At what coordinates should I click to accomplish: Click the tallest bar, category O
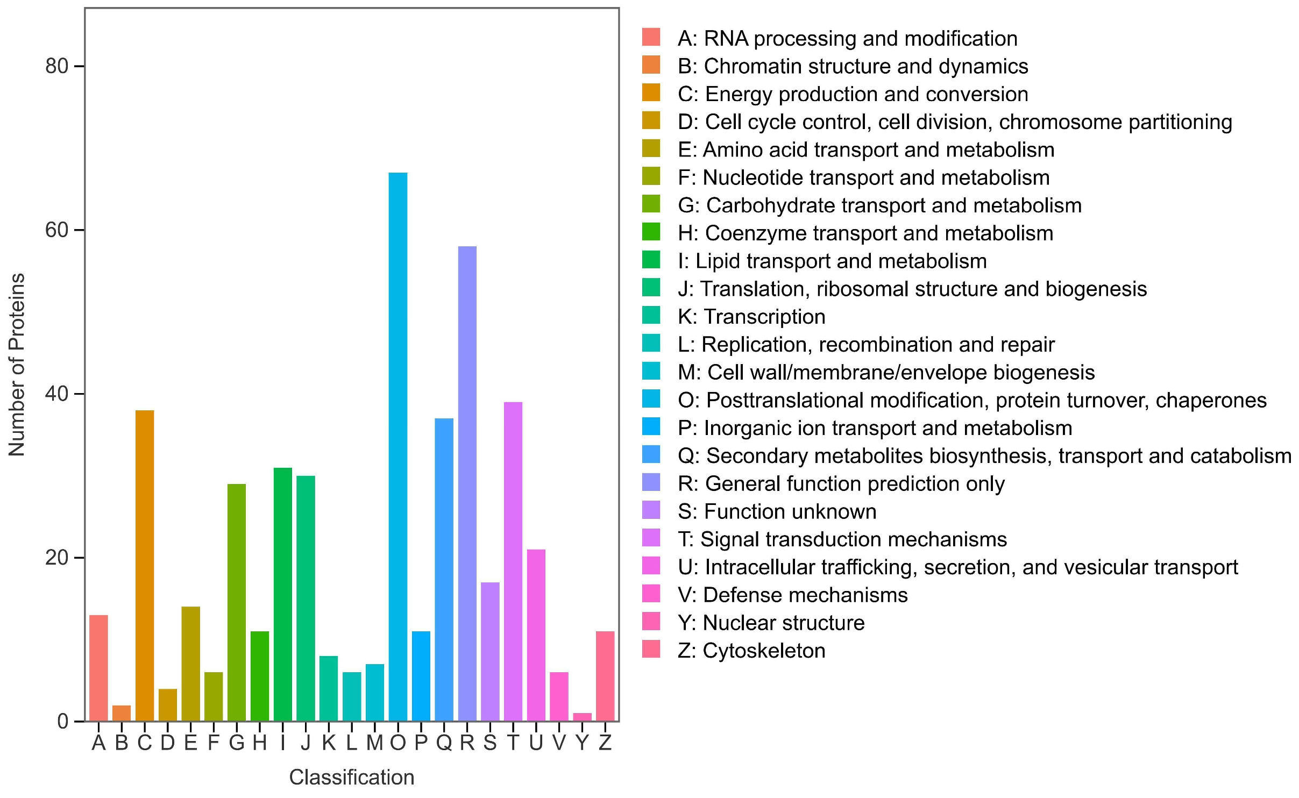click(x=398, y=446)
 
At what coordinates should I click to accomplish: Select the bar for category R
click(x=467, y=484)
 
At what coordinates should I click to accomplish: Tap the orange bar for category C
click(x=145, y=565)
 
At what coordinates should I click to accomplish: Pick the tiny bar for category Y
click(x=583, y=717)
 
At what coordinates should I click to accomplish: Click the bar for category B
click(x=122, y=713)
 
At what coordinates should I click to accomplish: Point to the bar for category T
click(x=513, y=562)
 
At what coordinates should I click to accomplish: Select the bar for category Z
click(x=605, y=676)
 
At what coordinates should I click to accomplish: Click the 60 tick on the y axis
click(x=56, y=230)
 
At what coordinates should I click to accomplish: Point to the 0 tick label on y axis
click(x=63, y=722)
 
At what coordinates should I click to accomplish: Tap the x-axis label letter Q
click(x=444, y=743)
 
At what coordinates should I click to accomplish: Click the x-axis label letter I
click(x=283, y=743)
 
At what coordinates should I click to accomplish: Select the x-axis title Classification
click(x=352, y=778)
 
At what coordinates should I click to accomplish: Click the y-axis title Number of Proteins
click(x=17, y=365)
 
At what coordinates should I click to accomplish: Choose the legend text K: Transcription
click(x=751, y=317)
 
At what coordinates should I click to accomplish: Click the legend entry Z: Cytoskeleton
click(x=751, y=651)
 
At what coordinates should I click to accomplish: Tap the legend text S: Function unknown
click(x=777, y=511)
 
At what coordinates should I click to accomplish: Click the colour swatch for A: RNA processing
click(x=651, y=37)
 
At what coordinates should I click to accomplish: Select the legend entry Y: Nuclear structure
click(x=771, y=623)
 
